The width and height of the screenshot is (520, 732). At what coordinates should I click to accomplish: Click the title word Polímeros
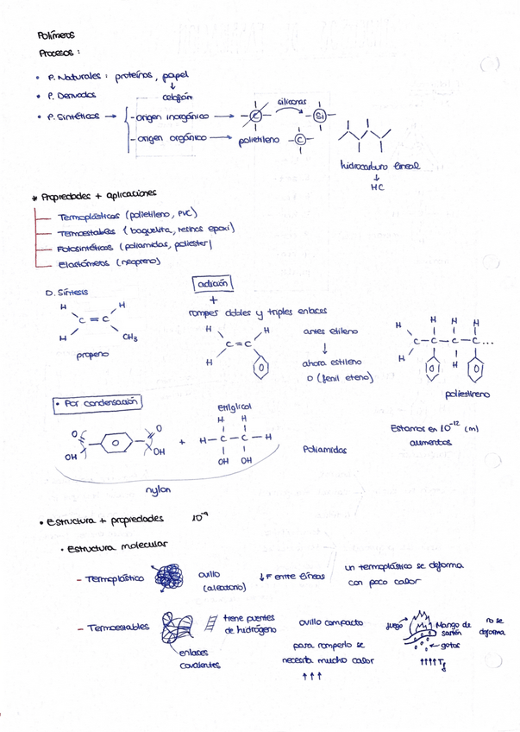point(56,35)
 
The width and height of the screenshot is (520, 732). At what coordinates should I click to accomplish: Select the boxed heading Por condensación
point(96,402)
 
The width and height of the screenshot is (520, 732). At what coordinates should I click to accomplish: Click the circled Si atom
point(319,117)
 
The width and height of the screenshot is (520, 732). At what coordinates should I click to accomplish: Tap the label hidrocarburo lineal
point(374,167)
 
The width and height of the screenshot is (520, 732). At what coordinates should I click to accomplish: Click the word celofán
point(177,97)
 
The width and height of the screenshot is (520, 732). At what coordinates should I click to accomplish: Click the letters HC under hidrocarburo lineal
point(375,187)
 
